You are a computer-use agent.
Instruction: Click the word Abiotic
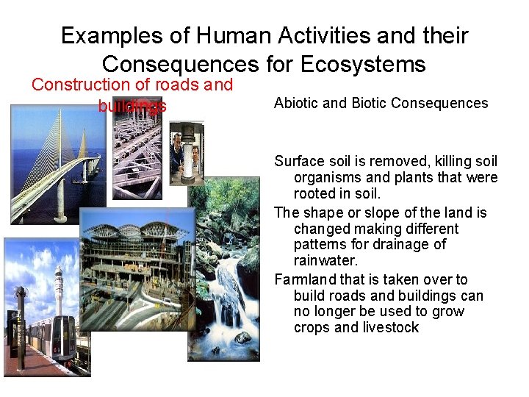click(296, 103)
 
